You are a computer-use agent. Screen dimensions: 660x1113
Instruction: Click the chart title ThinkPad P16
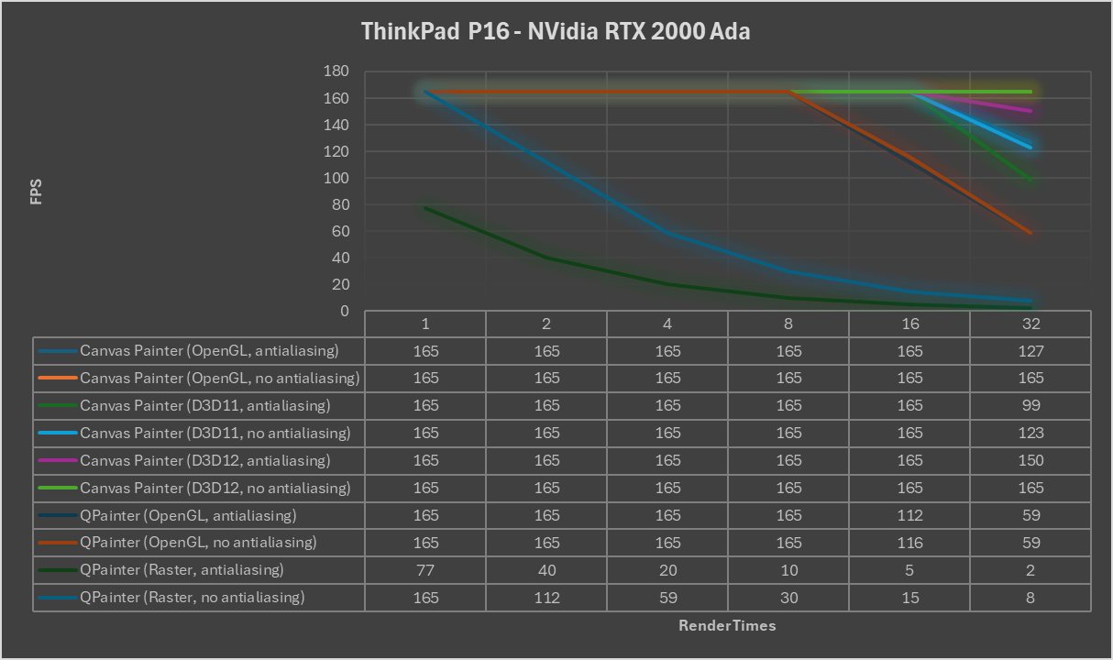[x=556, y=31]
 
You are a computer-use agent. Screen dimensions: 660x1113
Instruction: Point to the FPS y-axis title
[x=37, y=192]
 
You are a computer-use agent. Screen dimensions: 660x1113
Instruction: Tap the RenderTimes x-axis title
[x=727, y=625]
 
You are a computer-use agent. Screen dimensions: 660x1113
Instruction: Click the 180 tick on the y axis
[x=336, y=71]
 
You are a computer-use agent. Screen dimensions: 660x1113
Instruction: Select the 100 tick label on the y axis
[x=336, y=178]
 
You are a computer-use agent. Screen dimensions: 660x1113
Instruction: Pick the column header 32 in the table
[x=1030, y=324]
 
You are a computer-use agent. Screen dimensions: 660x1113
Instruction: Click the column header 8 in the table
[x=788, y=324]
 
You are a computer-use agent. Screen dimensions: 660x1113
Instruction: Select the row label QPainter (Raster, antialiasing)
[x=182, y=570]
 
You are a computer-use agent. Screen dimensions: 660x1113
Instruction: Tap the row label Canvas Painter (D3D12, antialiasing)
[x=204, y=460]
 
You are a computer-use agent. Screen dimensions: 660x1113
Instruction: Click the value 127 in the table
[x=1030, y=351]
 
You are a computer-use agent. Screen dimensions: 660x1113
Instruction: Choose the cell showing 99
[x=1030, y=405]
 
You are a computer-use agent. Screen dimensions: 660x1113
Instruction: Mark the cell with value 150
[x=1030, y=460]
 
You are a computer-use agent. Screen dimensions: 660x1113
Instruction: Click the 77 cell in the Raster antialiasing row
[x=425, y=570]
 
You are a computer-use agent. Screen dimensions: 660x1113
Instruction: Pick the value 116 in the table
[x=909, y=543]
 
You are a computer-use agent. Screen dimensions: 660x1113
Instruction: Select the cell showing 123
[x=1030, y=433]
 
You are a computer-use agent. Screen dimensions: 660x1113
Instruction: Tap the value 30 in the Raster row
[x=788, y=598]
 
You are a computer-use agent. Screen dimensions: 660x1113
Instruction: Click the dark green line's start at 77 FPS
[x=425, y=208]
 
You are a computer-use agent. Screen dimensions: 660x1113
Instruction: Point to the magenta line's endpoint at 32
[x=1030, y=111]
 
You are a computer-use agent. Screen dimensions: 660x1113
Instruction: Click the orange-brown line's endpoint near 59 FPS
[x=1030, y=233]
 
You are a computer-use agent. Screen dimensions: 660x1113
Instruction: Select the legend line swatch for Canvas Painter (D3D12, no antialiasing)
[x=57, y=488]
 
